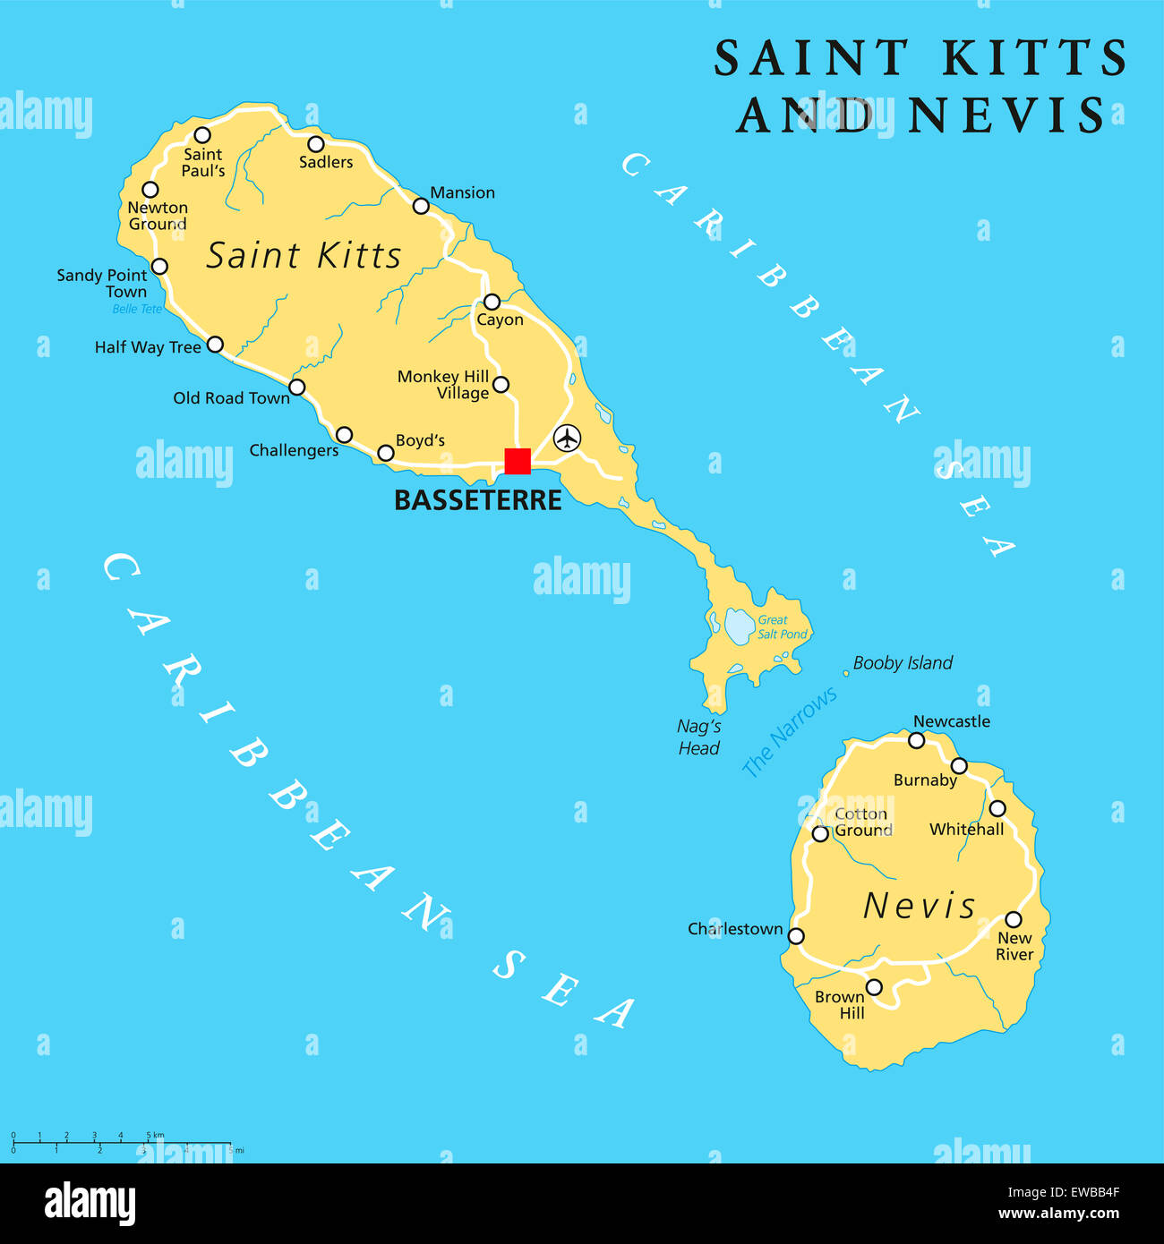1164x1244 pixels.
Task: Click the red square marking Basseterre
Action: [x=518, y=461]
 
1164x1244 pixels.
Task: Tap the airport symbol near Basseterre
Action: [x=567, y=439]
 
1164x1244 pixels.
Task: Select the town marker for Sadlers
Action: [x=316, y=144]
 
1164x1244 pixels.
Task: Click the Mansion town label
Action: [x=462, y=192]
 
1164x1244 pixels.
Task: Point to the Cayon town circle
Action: [x=492, y=302]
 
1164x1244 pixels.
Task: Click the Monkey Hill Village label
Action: [x=444, y=385]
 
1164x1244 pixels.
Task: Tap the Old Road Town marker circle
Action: [x=297, y=388]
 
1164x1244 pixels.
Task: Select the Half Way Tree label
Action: [x=148, y=347]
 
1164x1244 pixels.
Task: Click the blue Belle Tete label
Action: [x=137, y=309]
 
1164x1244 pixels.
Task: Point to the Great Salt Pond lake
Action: [x=740, y=626]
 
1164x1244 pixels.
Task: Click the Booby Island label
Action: [x=903, y=663]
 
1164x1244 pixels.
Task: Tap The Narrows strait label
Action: [x=790, y=731]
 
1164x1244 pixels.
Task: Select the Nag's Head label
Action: [x=698, y=737]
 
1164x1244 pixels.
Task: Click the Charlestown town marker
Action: [x=796, y=936]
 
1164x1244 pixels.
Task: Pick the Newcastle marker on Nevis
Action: [x=917, y=740]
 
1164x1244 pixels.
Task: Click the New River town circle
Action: [x=1014, y=919]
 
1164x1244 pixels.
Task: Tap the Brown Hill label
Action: [x=841, y=1004]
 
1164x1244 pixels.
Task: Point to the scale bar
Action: [x=121, y=1143]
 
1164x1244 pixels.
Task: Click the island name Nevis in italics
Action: [x=919, y=906]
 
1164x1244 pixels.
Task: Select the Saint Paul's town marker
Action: [x=202, y=135]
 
